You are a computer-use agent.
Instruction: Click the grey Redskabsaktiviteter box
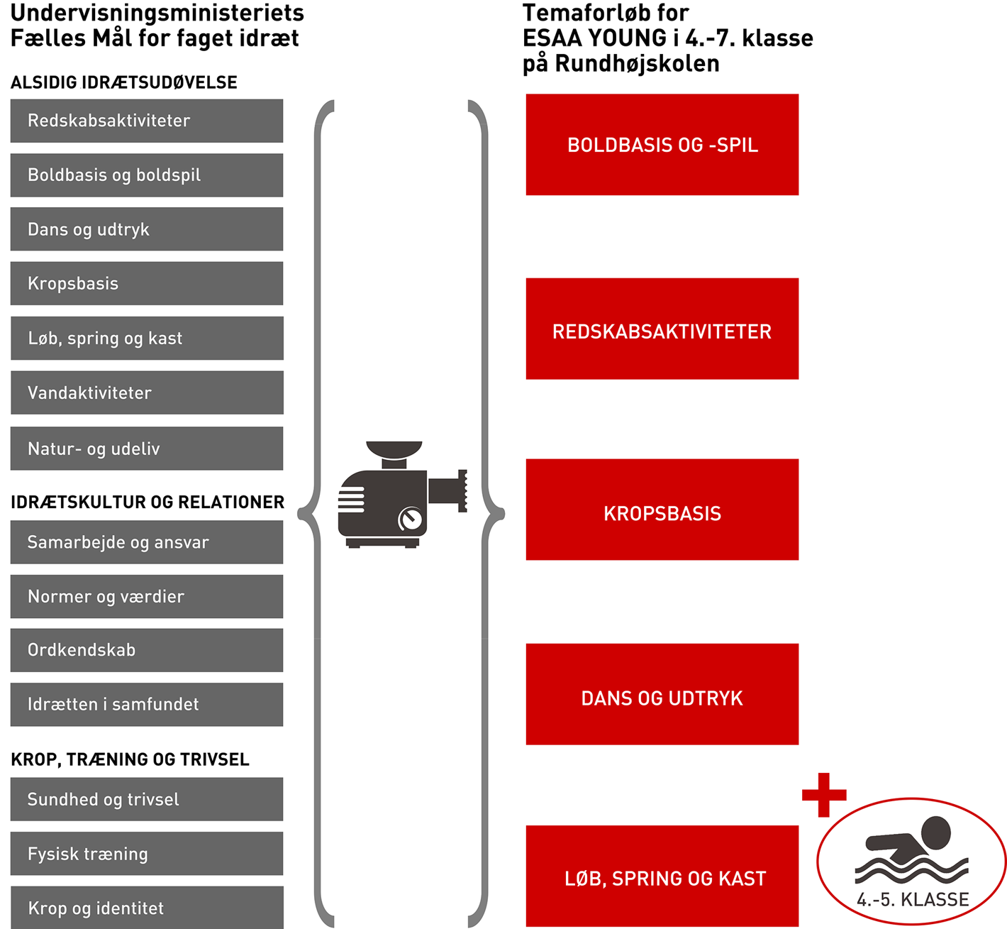146,121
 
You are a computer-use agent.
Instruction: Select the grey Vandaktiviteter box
146,392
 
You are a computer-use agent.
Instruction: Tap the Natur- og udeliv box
146,449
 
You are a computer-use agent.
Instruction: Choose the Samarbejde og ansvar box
146,542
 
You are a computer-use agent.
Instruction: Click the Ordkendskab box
146,650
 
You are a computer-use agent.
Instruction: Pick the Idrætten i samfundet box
146,704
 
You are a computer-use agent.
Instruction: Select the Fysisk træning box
146,854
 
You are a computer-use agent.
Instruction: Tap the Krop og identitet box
146,908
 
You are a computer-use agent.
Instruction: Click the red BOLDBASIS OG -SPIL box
662,145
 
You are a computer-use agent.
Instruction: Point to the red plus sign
824,795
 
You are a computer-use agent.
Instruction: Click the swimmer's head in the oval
936,832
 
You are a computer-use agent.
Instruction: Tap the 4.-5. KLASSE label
913,900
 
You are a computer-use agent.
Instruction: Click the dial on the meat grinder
410,519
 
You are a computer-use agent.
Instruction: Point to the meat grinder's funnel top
394,450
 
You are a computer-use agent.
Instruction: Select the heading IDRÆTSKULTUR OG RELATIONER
148,502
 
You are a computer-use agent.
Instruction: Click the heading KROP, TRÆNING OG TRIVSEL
130,759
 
